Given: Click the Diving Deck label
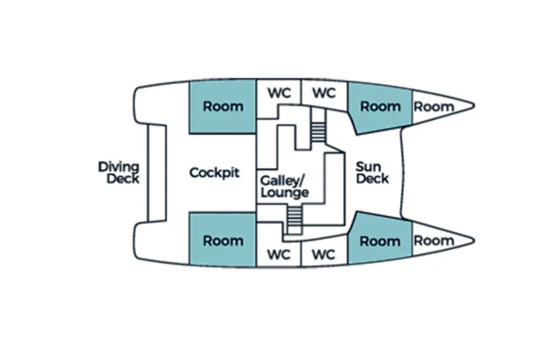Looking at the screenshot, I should coord(118,173).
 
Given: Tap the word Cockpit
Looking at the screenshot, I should coord(214,173).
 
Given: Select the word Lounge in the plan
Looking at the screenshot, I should coord(285,192).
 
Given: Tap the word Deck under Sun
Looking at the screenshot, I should coord(373,179).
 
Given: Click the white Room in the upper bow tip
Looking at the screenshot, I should coord(434,107).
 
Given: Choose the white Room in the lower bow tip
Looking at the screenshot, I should coord(434,240).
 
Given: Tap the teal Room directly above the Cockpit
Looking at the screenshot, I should coord(223,107).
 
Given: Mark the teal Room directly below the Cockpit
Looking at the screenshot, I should coord(223,240).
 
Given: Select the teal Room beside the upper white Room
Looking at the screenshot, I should coord(381,107).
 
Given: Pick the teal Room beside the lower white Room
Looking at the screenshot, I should coord(380,240).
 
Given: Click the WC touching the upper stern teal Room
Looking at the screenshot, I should coord(280,93).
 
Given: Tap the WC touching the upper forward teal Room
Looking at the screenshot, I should coord(324,93).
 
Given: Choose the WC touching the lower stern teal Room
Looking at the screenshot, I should coord(280,254).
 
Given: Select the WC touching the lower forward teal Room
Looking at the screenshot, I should coord(324,254).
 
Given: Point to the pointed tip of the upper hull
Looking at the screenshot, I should coord(474,106).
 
